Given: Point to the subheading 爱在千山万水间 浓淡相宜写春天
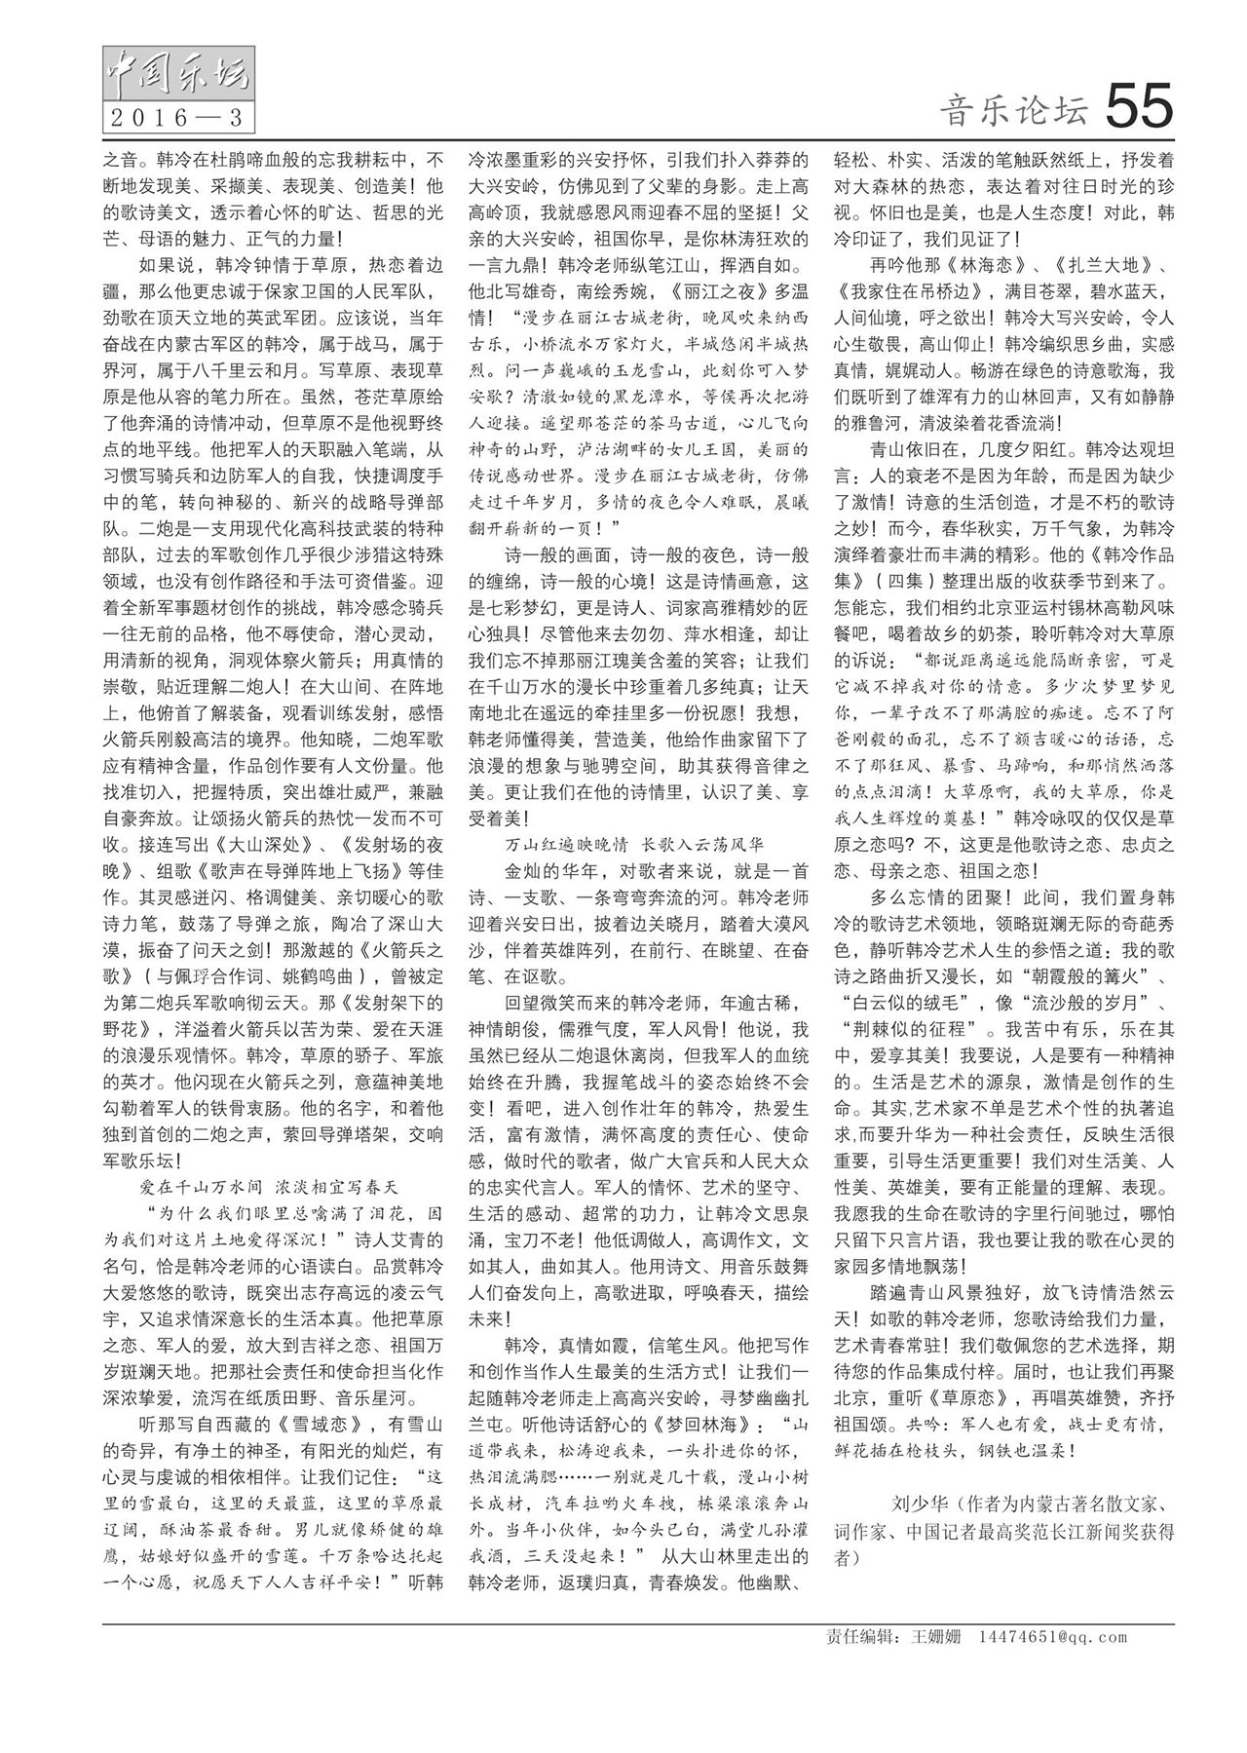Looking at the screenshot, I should pos(270,1186).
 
